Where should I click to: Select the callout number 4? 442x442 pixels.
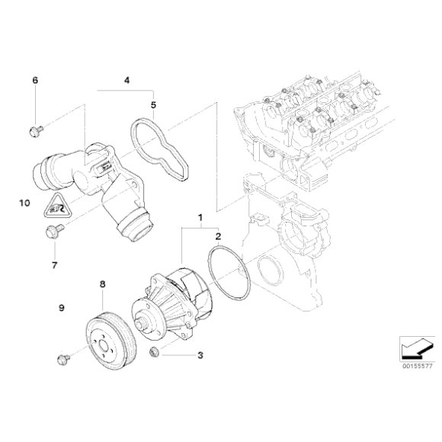127,79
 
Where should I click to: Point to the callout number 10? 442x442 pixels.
24,203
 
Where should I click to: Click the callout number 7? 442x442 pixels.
54,265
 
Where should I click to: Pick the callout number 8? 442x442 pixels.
101,285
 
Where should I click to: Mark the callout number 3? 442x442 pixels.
200,354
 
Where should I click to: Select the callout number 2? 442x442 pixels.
218,238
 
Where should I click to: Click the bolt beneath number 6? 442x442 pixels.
35,131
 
